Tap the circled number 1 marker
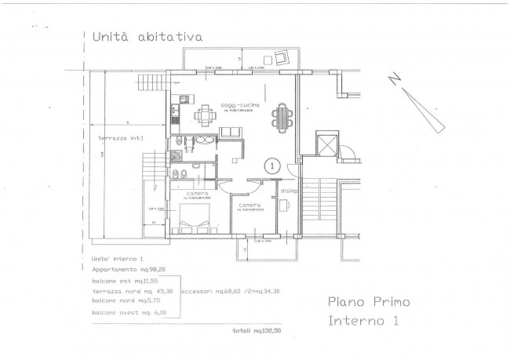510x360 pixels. tap(272, 165)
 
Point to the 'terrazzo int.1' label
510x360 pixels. tap(116, 139)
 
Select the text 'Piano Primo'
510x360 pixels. tap(369, 302)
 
